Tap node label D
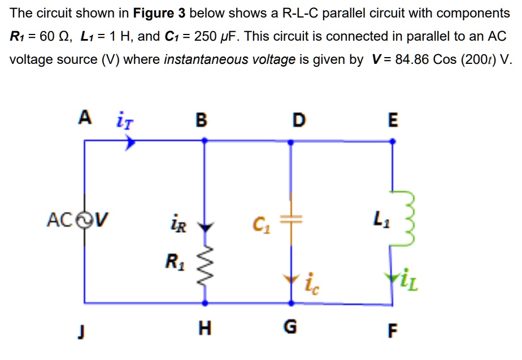pos(298,120)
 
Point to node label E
pos(394,120)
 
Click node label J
pos(83,329)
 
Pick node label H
pos(205,328)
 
